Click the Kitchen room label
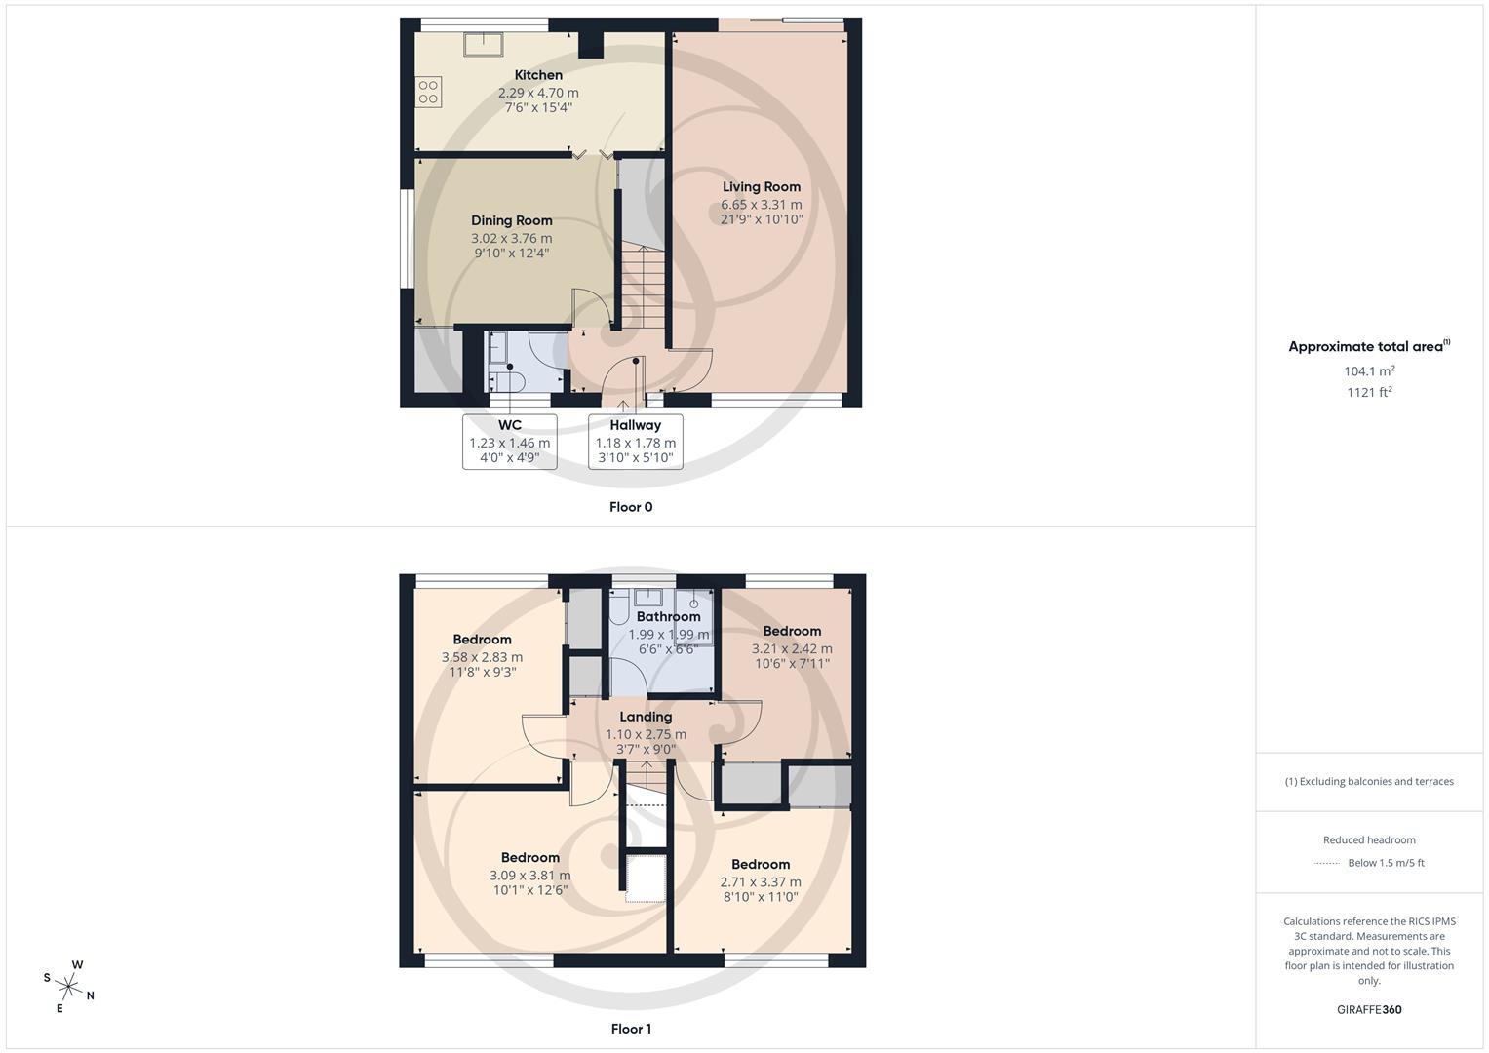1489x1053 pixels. coord(538,75)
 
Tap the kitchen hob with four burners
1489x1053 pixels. coord(428,93)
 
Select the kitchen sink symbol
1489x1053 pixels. coord(484,46)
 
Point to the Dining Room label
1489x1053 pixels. coord(512,220)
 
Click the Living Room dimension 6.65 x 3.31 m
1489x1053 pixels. coord(762,205)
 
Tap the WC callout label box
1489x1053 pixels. coord(509,442)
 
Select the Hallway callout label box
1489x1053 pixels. coord(635,442)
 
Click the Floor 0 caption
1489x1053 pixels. coord(631,507)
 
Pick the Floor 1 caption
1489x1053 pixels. coord(631,1029)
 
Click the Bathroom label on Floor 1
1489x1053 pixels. coord(668,616)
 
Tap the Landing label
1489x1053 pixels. coord(646,717)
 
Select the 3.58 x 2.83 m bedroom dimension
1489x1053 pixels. coord(482,657)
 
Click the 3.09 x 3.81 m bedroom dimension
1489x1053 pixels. coord(530,876)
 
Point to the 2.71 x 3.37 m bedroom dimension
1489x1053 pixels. coord(761,882)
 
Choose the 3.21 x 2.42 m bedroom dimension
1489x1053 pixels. coord(792,648)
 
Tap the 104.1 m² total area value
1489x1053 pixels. coord(1369,371)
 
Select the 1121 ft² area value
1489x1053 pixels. coord(1369,393)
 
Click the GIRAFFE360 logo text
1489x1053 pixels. coord(1369,1009)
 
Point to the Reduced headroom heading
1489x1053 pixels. coord(1369,839)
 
